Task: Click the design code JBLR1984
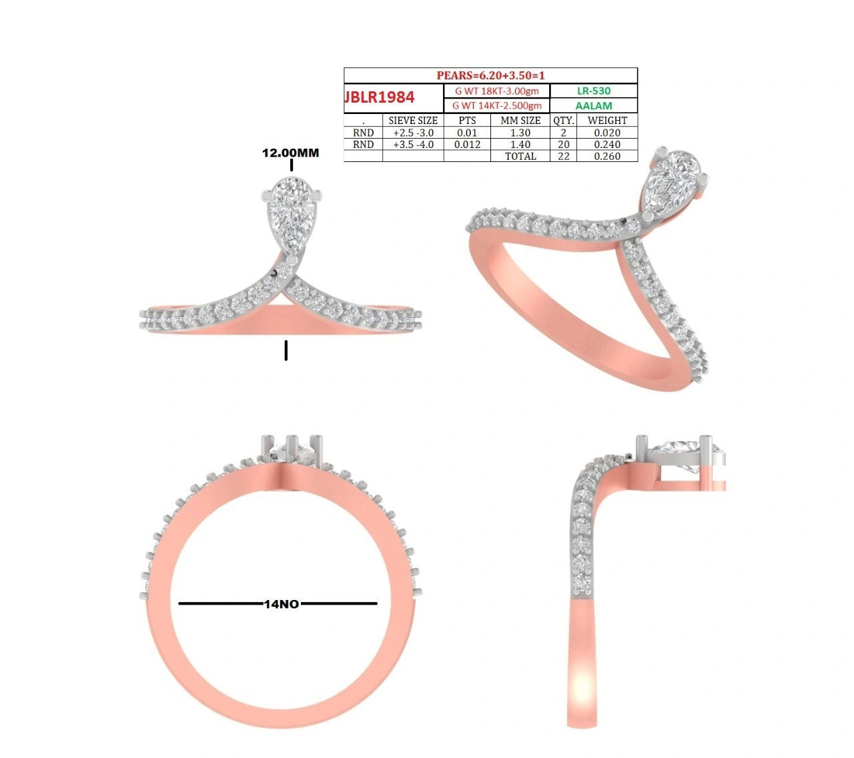[x=380, y=97]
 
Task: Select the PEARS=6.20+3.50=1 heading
[x=490, y=75]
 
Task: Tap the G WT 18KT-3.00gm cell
[x=496, y=91]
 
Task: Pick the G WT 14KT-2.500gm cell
[x=496, y=105]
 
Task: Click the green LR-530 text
[x=594, y=91]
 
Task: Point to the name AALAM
[x=594, y=105]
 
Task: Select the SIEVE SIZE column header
[x=413, y=121]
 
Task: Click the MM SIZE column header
[x=520, y=121]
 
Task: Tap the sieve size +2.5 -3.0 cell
[x=413, y=133]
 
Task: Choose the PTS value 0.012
[x=467, y=145]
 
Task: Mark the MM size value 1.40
[x=520, y=145]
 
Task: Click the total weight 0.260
[x=607, y=156]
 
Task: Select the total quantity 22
[x=564, y=156]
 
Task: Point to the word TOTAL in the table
[x=520, y=156]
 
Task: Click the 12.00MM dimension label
[x=290, y=153]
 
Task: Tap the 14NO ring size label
[x=281, y=604]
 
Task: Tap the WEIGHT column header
[x=607, y=121]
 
